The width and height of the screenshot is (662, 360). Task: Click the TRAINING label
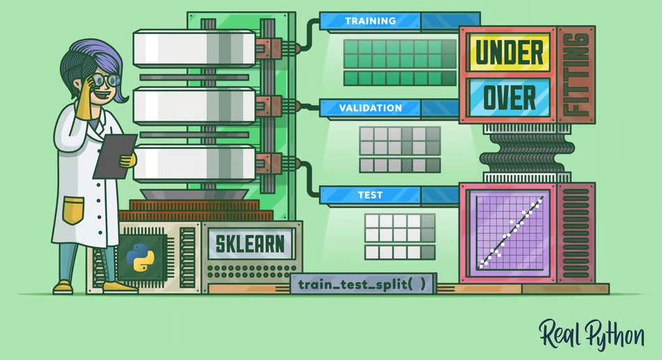point(369,22)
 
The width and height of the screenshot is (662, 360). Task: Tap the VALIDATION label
point(370,109)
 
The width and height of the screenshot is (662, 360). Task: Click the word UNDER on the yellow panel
point(509,52)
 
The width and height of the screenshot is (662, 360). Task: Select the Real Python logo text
point(591,335)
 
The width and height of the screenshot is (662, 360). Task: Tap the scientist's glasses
point(105,81)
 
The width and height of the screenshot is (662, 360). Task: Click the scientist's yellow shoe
point(63,286)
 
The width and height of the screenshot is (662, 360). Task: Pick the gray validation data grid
point(399,149)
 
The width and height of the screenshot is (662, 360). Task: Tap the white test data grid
point(399,236)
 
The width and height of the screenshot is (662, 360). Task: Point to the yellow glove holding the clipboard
point(127,160)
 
